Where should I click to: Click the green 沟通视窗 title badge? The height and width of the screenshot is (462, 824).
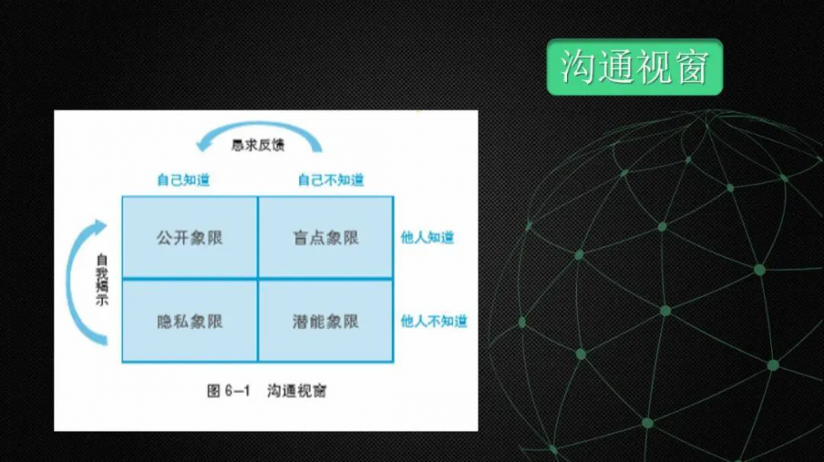(634, 68)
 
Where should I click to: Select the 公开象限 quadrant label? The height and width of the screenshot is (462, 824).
(190, 238)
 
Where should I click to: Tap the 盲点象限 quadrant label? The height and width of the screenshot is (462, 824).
(325, 238)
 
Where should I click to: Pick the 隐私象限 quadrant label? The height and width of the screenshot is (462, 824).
(190, 321)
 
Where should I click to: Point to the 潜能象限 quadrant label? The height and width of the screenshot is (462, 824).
(325, 321)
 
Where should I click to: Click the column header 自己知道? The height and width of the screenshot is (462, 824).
(184, 180)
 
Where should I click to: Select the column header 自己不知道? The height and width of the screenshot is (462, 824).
(331, 180)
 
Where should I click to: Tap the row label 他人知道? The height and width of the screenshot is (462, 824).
(427, 237)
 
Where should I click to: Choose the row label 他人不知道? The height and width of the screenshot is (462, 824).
(434, 321)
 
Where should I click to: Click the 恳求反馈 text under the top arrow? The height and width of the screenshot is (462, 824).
(258, 145)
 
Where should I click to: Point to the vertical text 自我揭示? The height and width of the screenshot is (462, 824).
(101, 279)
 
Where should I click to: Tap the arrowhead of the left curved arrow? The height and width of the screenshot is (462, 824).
(100, 226)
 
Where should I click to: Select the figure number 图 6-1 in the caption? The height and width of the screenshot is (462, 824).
(228, 390)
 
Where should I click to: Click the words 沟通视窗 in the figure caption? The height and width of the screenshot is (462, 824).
(297, 390)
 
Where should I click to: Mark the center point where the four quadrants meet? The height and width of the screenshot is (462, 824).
(258, 279)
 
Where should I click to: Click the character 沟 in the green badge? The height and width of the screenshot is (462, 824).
(577, 67)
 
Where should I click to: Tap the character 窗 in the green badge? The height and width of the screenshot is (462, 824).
(693, 67)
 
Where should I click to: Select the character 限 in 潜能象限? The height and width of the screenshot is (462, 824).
(351, 321)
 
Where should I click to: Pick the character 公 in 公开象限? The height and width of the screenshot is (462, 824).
(165, 238)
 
